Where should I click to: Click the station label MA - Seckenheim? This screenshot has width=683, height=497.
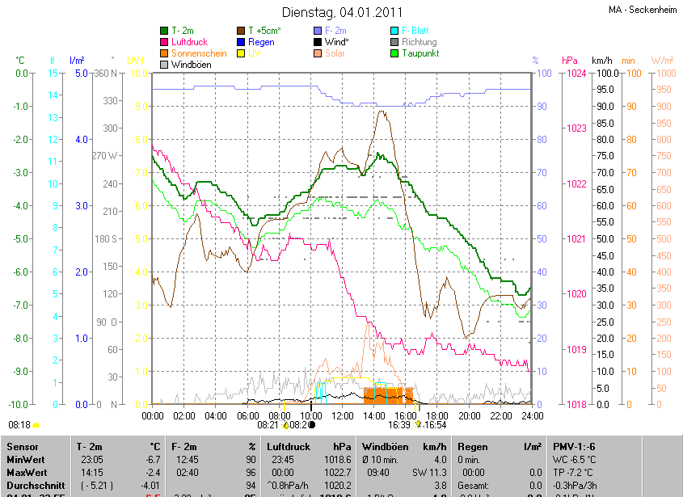(x=643, y=10)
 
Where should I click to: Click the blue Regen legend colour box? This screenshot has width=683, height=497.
(x=241, y=41)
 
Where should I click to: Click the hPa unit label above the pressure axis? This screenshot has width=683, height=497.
(x=569, y=61)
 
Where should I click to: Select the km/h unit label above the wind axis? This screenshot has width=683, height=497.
(x=602, y=61)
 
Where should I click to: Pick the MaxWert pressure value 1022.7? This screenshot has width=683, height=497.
(x=337, y=471)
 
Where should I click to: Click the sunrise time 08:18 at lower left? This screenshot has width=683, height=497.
(x=19, y=424)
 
